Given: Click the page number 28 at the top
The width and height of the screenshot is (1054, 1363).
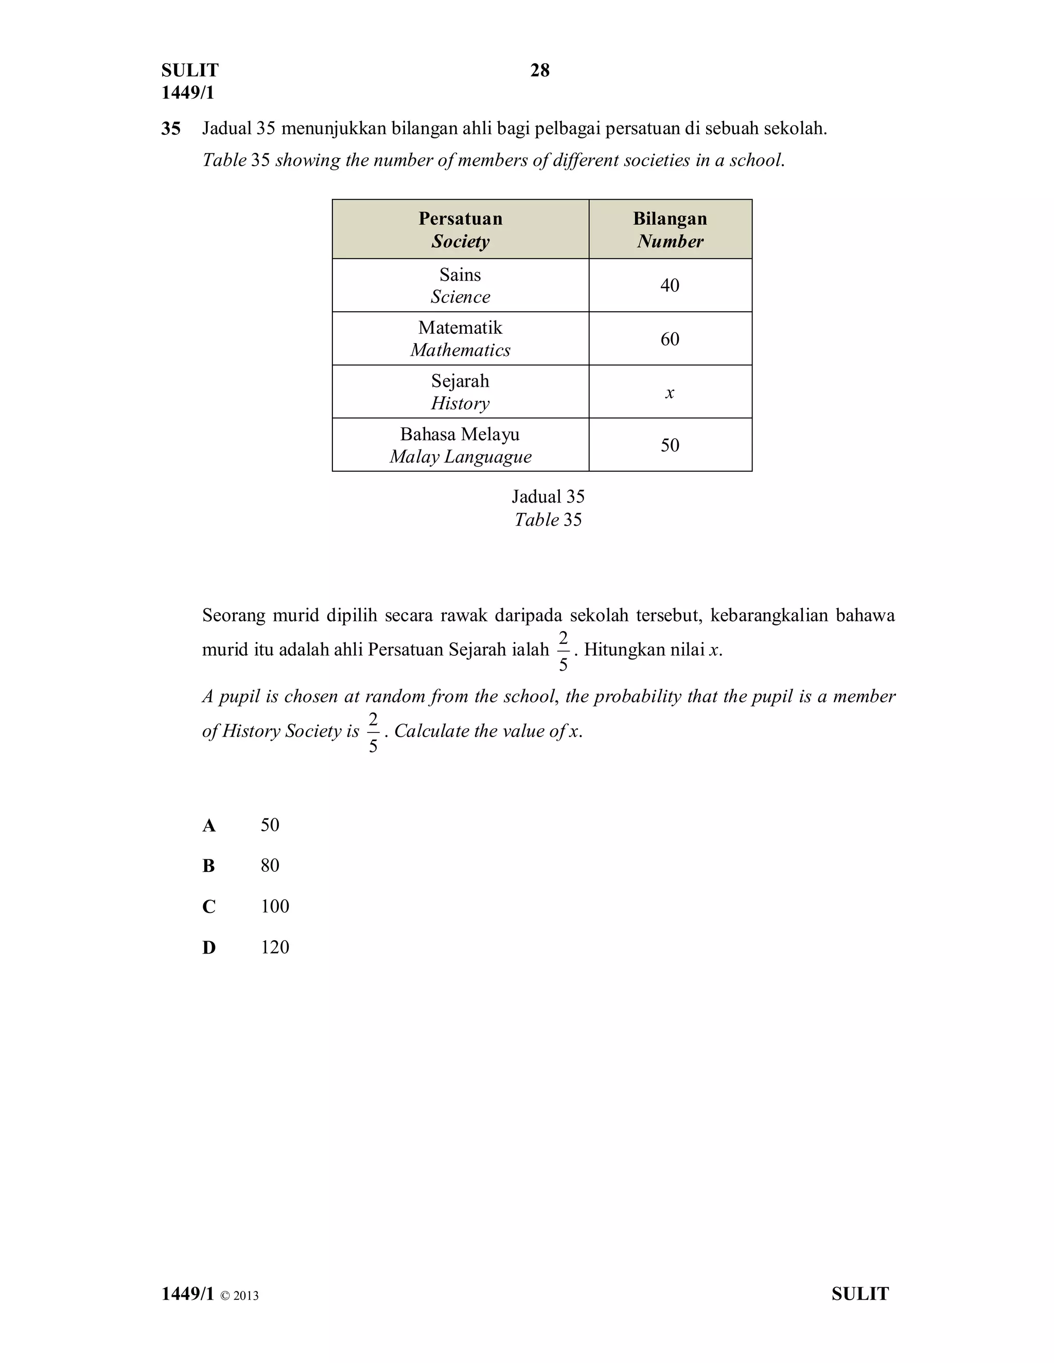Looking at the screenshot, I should [x=539, y=70].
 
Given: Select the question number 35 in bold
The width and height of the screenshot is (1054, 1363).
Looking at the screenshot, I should [x=170, y=129].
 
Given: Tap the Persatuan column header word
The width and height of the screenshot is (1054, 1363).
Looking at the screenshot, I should [x=460, y=219].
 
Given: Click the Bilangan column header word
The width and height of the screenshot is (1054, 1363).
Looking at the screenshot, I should [x=670, y=219].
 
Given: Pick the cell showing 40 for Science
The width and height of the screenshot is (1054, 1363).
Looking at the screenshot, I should [x=670, y=285].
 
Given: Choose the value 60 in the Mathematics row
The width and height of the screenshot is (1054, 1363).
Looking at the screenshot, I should [x=670, y=339].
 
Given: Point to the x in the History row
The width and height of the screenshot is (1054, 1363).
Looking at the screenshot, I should [x=670, y=392].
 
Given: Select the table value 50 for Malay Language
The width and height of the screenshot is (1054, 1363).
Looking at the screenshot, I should [x=670, y=445].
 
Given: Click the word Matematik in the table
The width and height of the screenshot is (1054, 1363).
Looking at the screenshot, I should [x=460, y=328].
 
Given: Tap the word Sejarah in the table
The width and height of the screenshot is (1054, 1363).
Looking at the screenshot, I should [x=460, y=381].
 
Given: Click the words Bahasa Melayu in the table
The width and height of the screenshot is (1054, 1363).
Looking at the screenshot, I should [x=460, y=434].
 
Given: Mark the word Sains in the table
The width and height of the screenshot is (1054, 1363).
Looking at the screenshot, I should [x=460, y=275].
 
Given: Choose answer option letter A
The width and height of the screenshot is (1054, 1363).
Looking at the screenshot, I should [x=208, y=826].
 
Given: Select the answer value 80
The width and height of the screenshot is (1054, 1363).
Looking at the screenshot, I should [x=270, y=866].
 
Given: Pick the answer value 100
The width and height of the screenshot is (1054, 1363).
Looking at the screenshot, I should [x=275, y=906].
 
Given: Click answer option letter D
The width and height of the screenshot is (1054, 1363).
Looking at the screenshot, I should [x=208, y=947].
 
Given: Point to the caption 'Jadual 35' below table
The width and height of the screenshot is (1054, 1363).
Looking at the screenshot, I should [x=548, y=497].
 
